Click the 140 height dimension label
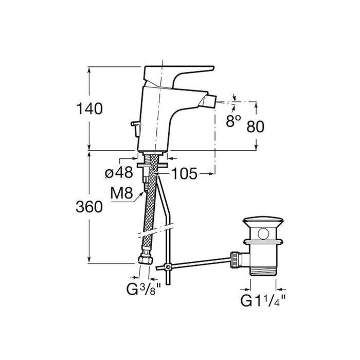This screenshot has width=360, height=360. click(89, 109)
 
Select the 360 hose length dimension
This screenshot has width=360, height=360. click(89, 207)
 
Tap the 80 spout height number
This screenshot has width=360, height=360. click(255, 127)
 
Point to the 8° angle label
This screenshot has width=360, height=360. click(233, 121)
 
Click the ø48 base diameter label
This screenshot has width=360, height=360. click(119, 172)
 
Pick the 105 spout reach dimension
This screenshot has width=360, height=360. click(184, 174)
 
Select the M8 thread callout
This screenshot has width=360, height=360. click(121, 193)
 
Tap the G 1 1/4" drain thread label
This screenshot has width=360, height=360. click(263, 301)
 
